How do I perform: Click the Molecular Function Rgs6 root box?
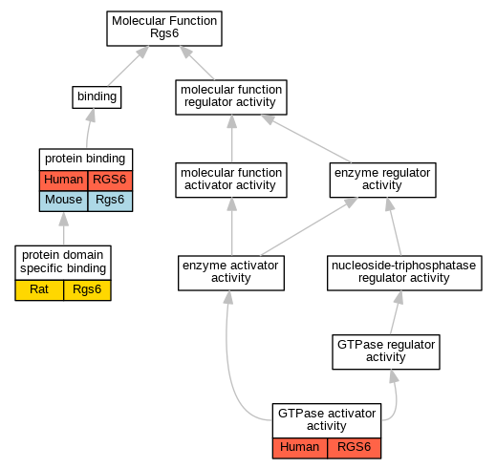tap(164, 29)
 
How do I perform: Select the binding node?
tap(97, 97)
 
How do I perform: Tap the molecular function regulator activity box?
tap(231, 97)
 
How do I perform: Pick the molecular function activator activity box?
tap(231, 180)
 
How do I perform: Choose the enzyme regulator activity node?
tap(382, 180)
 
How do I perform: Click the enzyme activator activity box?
tap(231, 273)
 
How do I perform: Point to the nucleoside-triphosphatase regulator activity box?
tap(404, 273)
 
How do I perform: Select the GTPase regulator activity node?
tap(386, 352)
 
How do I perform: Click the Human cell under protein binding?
tap(63, 181)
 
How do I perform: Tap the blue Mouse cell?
tap(63, 201)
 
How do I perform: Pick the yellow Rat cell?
tap(39, 290)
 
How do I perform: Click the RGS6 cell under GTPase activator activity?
tap(354, 448)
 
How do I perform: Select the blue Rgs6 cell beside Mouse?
tap(110, 201)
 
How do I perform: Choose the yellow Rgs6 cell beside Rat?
tap(87, 290)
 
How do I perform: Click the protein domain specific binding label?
tap(63, 262)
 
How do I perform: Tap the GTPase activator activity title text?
tap(327, 419)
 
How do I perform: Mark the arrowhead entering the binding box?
tap(92, 115)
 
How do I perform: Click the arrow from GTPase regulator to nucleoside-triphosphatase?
tap(395, 312)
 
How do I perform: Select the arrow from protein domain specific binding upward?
tap(64, 228)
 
